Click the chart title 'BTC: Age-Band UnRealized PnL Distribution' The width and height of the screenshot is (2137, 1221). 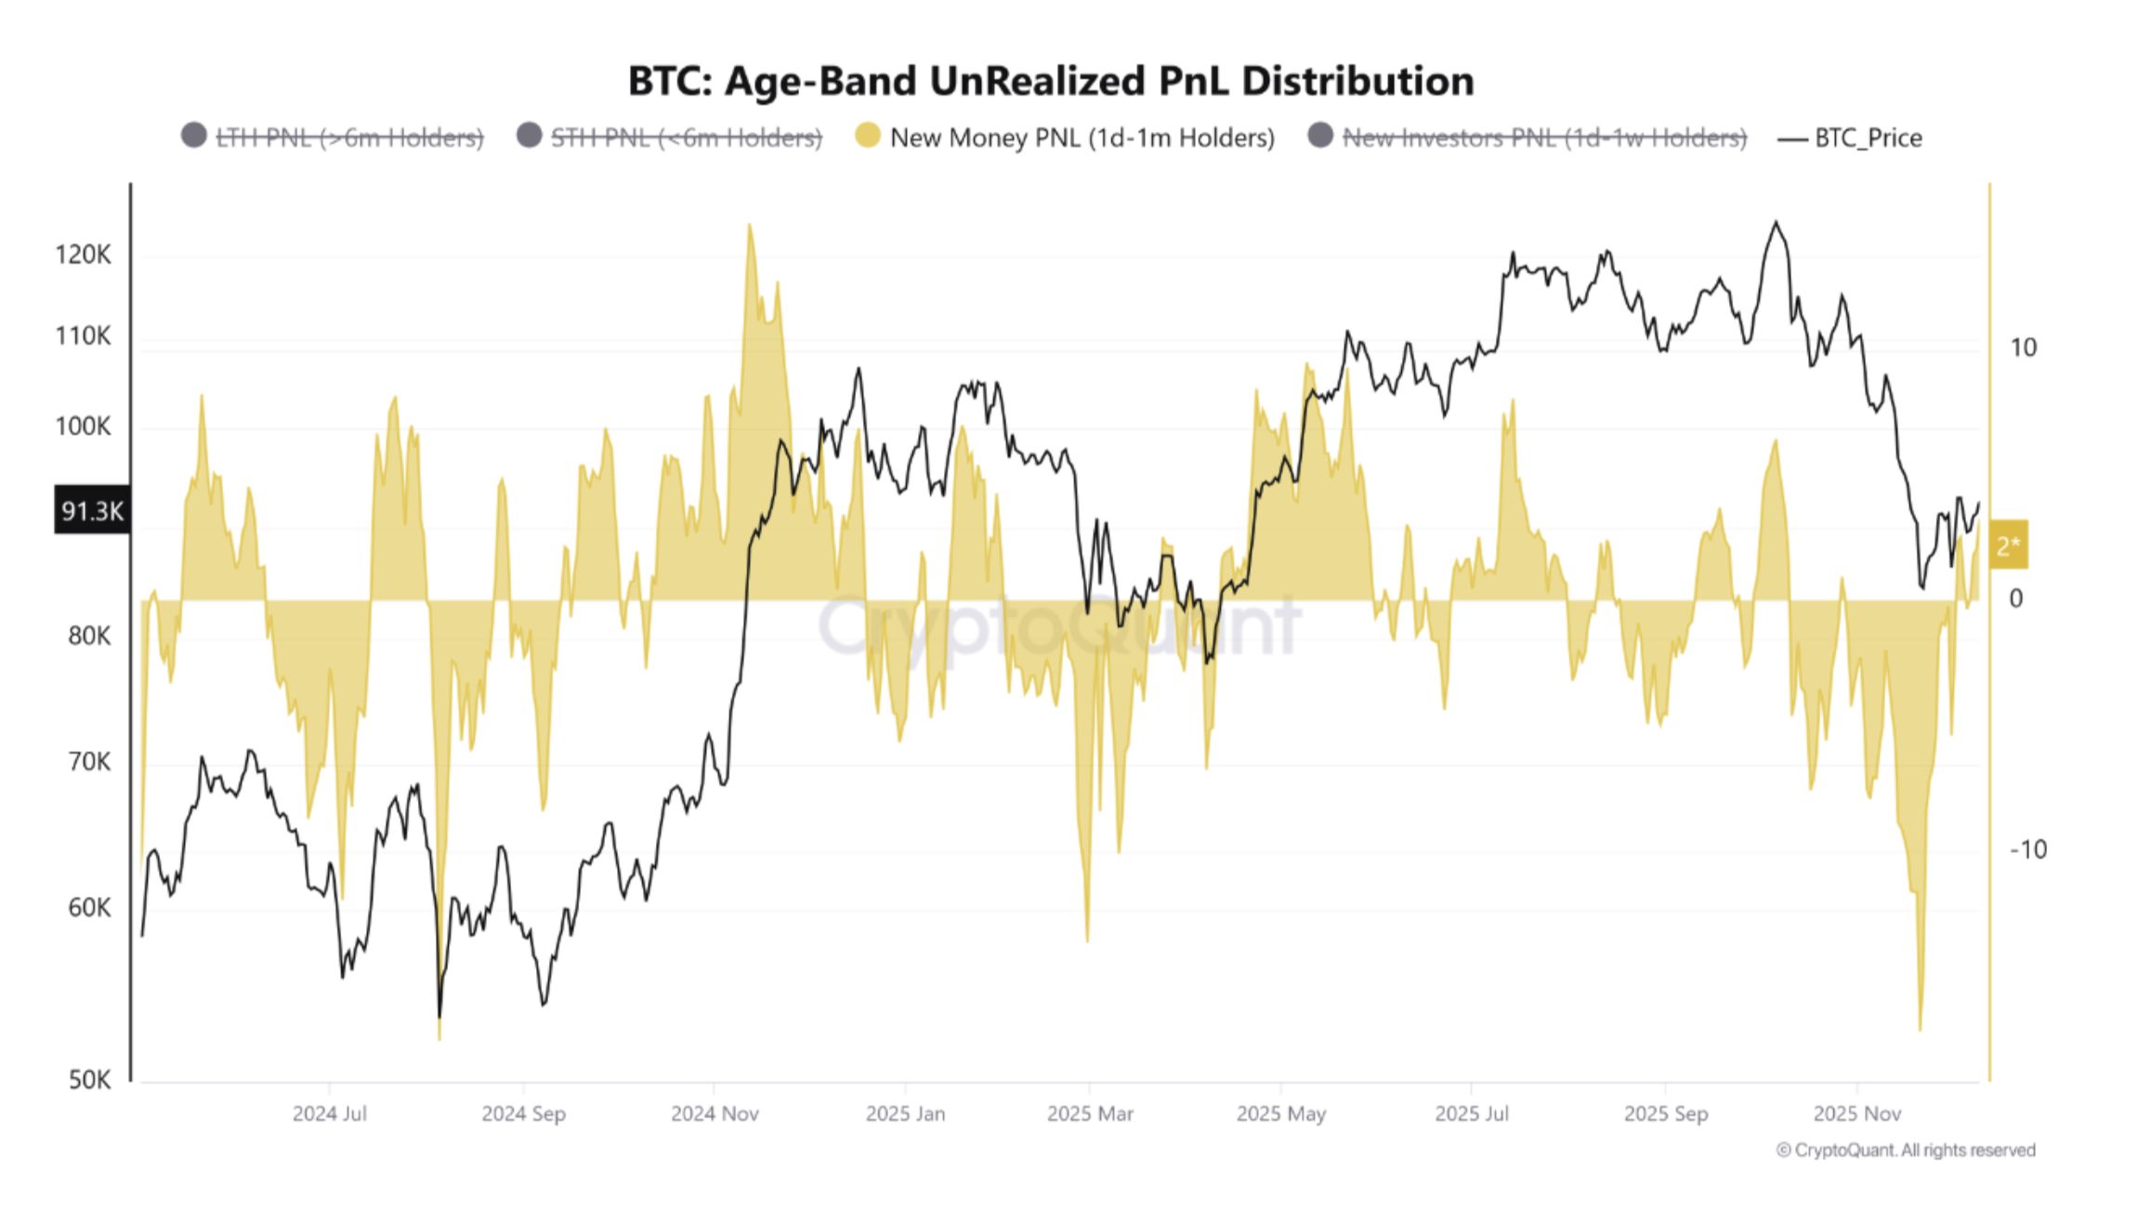(1051, 81)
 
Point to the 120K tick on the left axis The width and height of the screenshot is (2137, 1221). (83, 255)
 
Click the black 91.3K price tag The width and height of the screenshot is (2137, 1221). (92, 511)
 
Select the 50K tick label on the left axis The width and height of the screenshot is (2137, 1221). (89, 1080)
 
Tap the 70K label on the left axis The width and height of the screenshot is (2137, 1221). (89, 762)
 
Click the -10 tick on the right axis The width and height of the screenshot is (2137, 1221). (2027, 849)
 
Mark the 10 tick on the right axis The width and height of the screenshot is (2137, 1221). (2023, 348)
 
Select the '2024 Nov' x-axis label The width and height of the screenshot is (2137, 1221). (715, 1113)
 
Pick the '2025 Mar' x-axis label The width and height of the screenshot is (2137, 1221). (1090, 1113)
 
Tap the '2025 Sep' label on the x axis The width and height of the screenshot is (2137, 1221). (1665, 1113)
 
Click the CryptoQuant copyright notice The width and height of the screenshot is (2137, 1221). (1905, 1150)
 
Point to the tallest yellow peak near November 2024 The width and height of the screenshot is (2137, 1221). (749, 226)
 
